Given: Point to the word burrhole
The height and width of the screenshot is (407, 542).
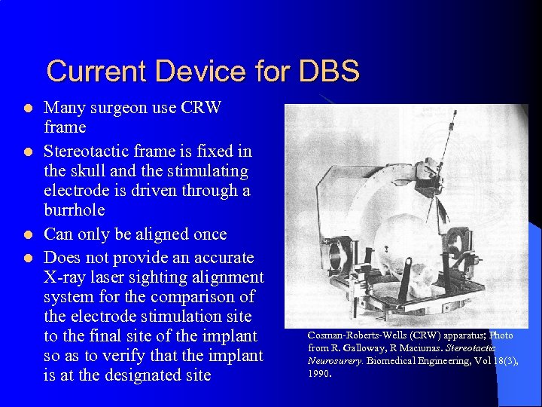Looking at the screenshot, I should [x=75, y=210].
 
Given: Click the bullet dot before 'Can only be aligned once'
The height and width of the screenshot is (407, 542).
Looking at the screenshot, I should [x=29, y=235].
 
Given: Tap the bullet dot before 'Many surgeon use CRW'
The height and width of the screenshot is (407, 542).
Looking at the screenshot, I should [x=29, y=109].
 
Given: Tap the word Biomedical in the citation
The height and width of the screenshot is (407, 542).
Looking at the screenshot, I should [x=394, y=360].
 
